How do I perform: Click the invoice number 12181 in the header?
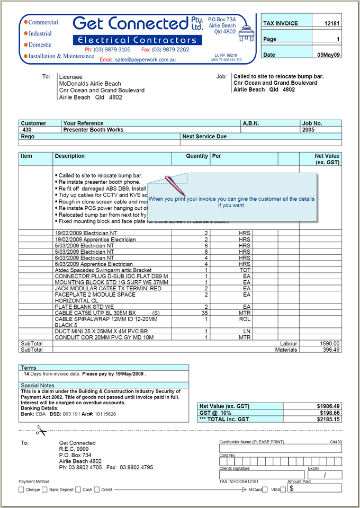click(x=332, y=23)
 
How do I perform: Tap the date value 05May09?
click(x=328, y=55)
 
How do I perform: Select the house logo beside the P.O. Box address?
click(x=246, y=35)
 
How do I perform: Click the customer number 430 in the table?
click(x=27, y=130)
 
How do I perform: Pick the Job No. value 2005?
click(x=309, y=130)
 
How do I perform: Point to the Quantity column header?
click(x=197, y=156)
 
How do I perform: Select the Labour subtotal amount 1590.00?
click(x=330, y=343)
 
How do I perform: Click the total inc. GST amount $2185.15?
click(x=328, y=420)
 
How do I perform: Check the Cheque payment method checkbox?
click(x=22, y=490)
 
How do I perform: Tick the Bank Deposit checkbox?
click(x=44, y=490)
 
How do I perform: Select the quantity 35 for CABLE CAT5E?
click(x=205, y=313)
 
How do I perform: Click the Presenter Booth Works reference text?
click(x=93, y=130)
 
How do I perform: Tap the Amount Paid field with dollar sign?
click(x=314, y=488)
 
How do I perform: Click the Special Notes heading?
click(x=38, y=386)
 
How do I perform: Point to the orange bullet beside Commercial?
click(x=25, y=23)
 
